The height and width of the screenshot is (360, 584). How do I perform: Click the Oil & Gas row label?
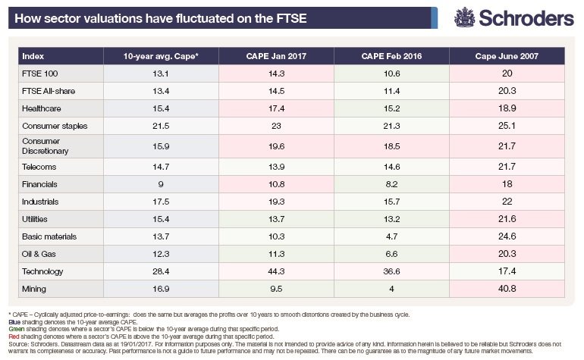tap(39, 252)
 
